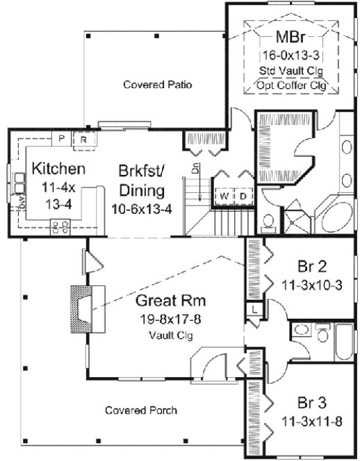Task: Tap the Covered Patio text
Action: [157, 85]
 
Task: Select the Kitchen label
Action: [58, 169]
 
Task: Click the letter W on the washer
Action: [224, 196]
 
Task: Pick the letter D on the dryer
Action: [243, 196]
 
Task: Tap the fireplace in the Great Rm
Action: [81, 305]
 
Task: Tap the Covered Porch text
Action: [141, 410]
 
